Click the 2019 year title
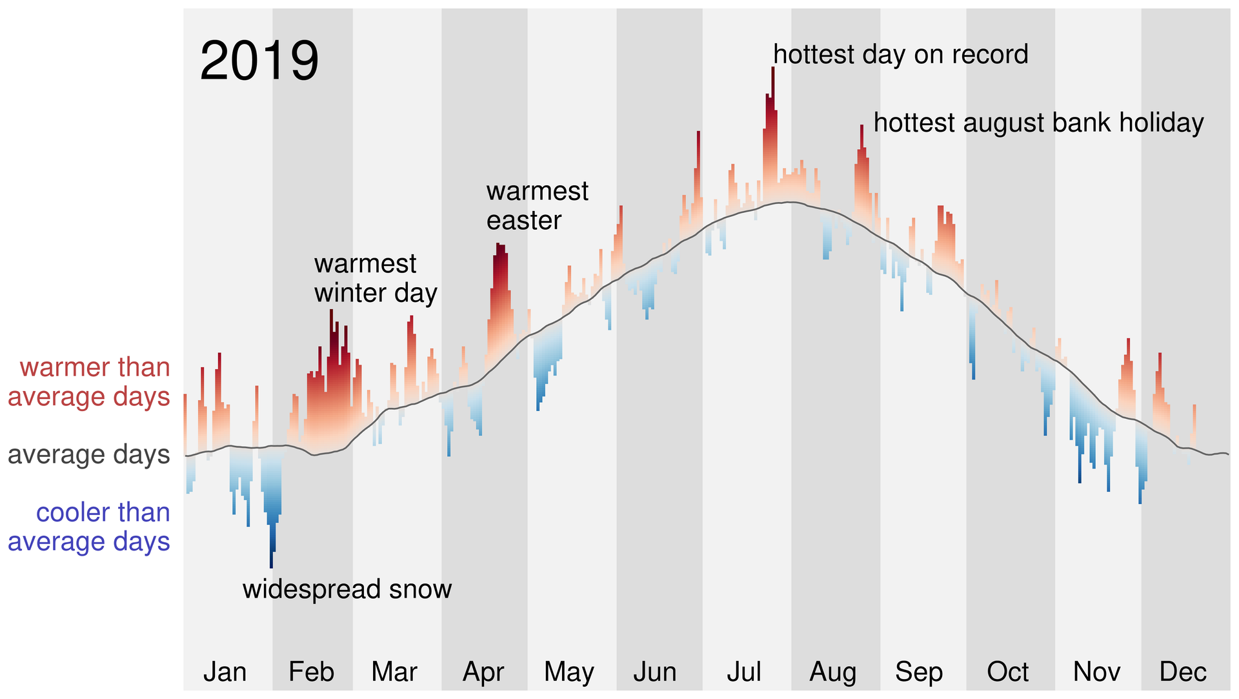click(259, 61)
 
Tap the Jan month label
click(225, 672)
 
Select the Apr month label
click(483, 672)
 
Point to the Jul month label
click(744, 672)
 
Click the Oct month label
click(1007, 672)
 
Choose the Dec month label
click(1182, 672)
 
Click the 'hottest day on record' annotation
click(900, 55)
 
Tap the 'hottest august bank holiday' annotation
click(1038, 123)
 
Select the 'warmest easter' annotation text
click(537, 206)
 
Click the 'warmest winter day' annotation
click(376, 278)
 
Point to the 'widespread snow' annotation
click(347, 589)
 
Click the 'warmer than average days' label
click(89, 382)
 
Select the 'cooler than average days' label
click(89, 527)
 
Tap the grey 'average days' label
click(89, 455)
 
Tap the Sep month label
click(919, 672)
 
